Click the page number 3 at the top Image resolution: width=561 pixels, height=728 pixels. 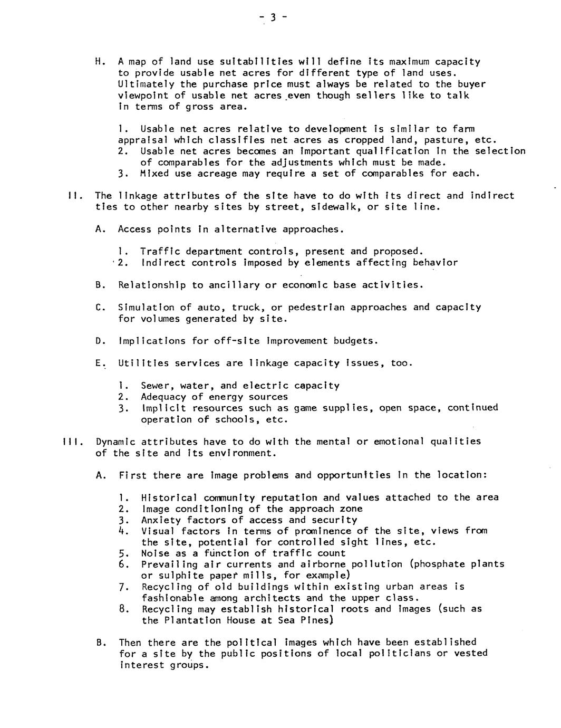point(273,17)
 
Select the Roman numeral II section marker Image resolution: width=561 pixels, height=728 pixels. point(73,196)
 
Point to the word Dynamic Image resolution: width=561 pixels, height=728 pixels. point(115,442)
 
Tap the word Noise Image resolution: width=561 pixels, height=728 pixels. point(154,553)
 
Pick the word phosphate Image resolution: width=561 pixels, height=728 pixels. point(442,564)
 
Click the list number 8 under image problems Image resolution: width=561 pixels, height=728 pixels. point(122,609)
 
